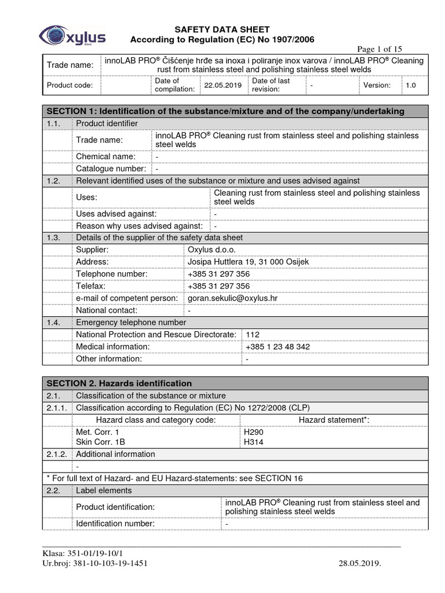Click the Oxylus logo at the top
pyautogui.click(x=72, y=35)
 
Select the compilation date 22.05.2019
pyautogui.click(x=222, y=85)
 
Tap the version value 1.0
pyautogui.click(x=410, y=85)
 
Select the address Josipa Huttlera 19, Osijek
pyautogui.click(x=248, y=262)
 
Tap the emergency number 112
pyautogui.click(x=253, y=334)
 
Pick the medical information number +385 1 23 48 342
pyautogui.click(x=278, y=346)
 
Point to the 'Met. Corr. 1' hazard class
pyautogui.click(x=97, y=432)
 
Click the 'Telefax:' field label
pyautogui.click(x=91, y=286)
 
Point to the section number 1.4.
pyautogui.click(x=53, y=322)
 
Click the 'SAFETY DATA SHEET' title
pyautogui.click(x=222, y=30)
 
